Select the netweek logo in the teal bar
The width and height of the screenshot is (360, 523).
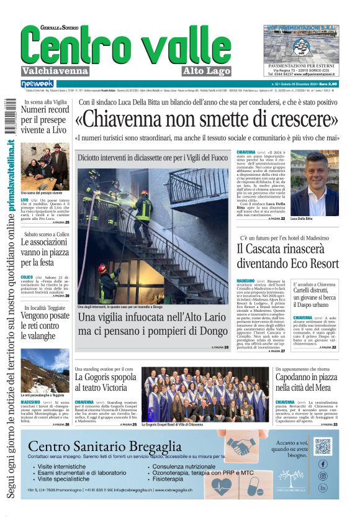(x=37, y=84)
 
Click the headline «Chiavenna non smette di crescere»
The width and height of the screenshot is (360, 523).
(x=207, y=118)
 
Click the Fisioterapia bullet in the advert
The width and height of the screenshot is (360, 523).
(x=169, y=479)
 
